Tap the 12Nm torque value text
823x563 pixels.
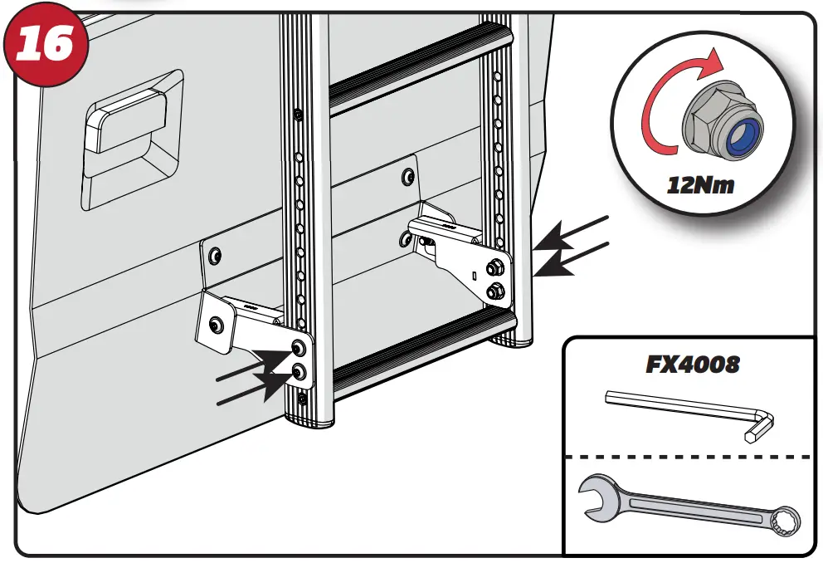pyautogui.click(x=701, y=184)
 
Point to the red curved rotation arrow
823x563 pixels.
pyautogui.click(x=655, y=108)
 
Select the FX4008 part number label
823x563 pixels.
pyautogui.click(x=693, y=364)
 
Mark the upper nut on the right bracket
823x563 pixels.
pyautogui.click(x=494, y=267)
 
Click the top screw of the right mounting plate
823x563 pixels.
pyautogui.click(x=406, y=176)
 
